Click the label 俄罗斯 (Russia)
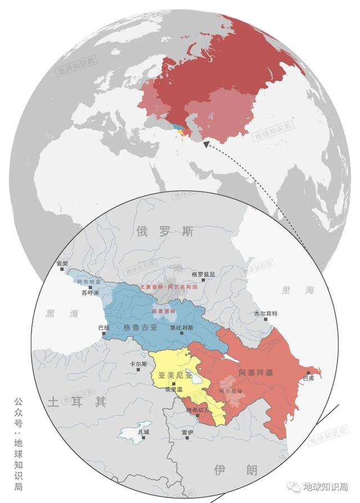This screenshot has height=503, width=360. pyautogui.click(x=164, y=231)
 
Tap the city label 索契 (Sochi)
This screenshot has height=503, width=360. pyautogui.click(x=62, y=263)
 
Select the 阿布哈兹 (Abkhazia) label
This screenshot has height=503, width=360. pyautogui.click(x=89, y=281)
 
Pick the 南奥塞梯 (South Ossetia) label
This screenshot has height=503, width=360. pyautogui.click(x=164, y=311)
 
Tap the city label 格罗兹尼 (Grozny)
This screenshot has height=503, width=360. pyautogui.click(x=203, y=273)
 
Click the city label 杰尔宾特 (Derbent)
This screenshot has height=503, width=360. pyautogui.click(x=265, y=313)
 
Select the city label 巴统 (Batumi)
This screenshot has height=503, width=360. pyautogui.click(x=104, y=327)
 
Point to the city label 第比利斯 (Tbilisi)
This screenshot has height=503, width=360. pyautogui.click(x=181, y=327)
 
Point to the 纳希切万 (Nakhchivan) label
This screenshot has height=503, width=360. pyautogui.click(x=200, y=411)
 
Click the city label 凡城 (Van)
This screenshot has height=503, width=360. pyautogui.click(x=145, y=432)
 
